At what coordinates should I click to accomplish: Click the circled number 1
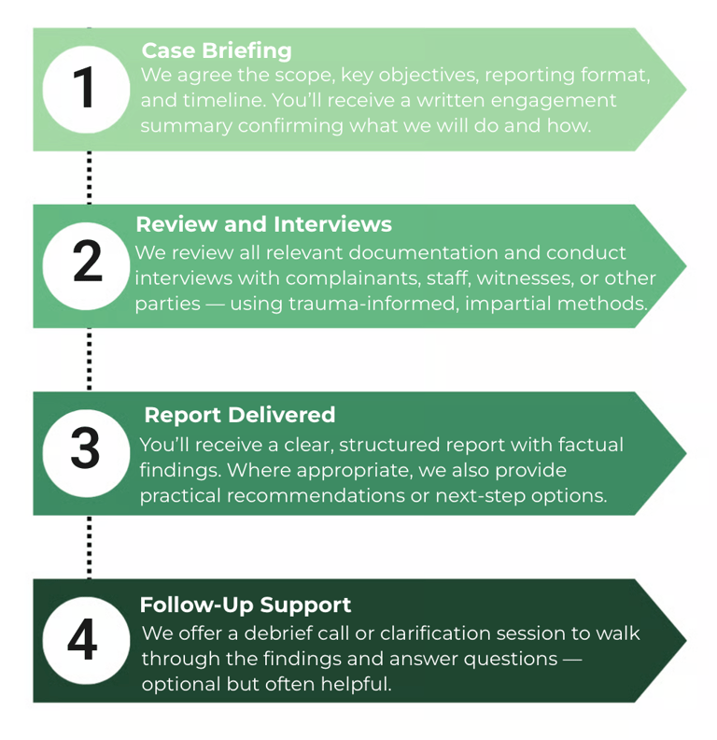(x=84, y=89)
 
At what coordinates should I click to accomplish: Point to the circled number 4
(x=83, y=640)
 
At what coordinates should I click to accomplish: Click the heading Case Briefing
(x=217, y=50)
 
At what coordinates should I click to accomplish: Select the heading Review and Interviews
(x=263, y=225)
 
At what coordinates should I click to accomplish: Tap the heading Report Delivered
(x=239, y=415)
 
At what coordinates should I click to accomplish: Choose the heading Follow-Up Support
(x=246, y=605)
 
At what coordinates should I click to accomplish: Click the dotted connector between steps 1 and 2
(x=89, y=178)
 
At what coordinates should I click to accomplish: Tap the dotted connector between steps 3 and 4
(x=89, y=548)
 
